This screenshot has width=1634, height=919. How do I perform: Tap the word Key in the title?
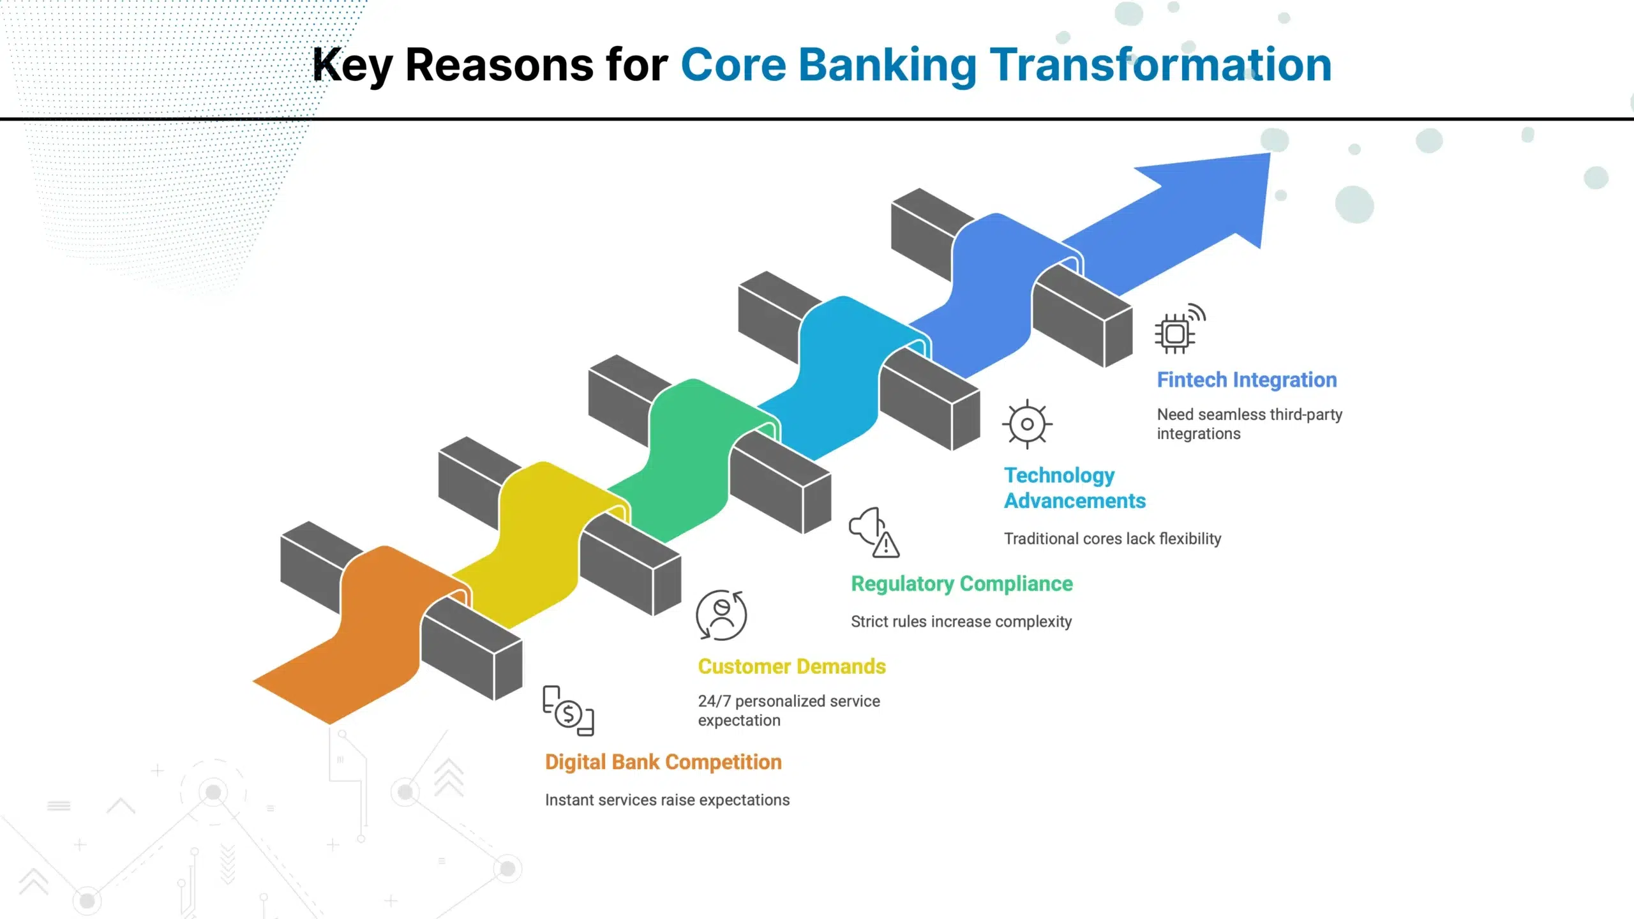(x=352, y=66)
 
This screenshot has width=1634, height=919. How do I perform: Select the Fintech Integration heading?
(x=1247, y=380)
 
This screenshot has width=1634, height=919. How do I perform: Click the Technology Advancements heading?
(x=1075, y=488)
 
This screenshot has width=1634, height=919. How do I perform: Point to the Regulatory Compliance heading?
(x=962, y=584)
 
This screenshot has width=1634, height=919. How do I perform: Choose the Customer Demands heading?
(x=791, y=666)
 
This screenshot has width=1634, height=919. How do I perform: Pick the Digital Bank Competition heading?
(x=663, y=762)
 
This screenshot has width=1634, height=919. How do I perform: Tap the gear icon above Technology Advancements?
(x=1027, y=424)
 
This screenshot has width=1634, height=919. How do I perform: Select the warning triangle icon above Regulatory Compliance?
(x=886, y=544)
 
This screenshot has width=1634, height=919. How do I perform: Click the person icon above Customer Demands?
(x=721, y=615)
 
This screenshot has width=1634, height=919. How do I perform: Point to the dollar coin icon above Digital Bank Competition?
(x=568, y=713)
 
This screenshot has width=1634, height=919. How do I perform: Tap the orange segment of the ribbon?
(x=377, y=632)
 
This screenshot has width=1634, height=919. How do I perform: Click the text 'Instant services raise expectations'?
(x=667, y=800)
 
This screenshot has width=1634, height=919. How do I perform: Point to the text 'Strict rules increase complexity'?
(x=961, y=622)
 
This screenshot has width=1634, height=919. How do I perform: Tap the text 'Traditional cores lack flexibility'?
(x=1113, y=539)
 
